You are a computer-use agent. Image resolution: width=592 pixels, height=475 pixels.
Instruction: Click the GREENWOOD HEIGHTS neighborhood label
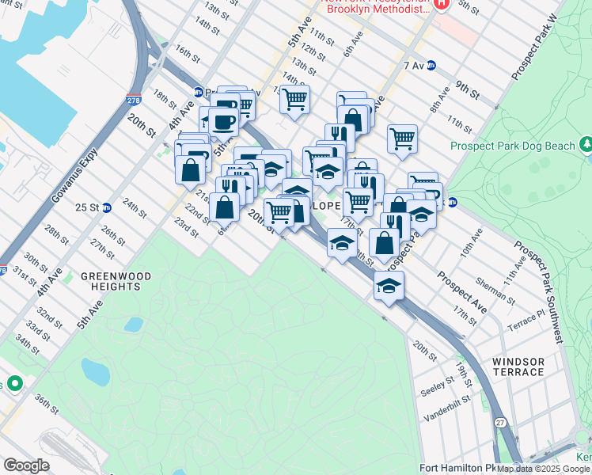tap(111, 281)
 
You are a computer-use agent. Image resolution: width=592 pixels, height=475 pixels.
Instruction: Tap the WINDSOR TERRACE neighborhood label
tap(518, 367)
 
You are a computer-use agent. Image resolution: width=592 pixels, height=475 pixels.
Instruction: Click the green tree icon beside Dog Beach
tap(586, 145)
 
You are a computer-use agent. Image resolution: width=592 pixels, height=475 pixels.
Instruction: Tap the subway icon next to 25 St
tap(106, 207)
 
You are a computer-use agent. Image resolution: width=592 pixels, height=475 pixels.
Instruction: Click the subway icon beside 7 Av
tap(431, 66)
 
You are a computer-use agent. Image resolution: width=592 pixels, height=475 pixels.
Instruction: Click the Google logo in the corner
tap(27, 465)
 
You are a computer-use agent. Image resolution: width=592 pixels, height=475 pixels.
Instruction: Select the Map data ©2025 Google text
tap(543, 469)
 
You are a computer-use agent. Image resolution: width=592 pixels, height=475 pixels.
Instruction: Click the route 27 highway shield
tap(499, 446)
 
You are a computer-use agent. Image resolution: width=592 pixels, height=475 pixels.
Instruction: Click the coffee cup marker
tap(223, 120)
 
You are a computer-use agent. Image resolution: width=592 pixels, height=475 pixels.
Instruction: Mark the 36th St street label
tap(46, 404)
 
